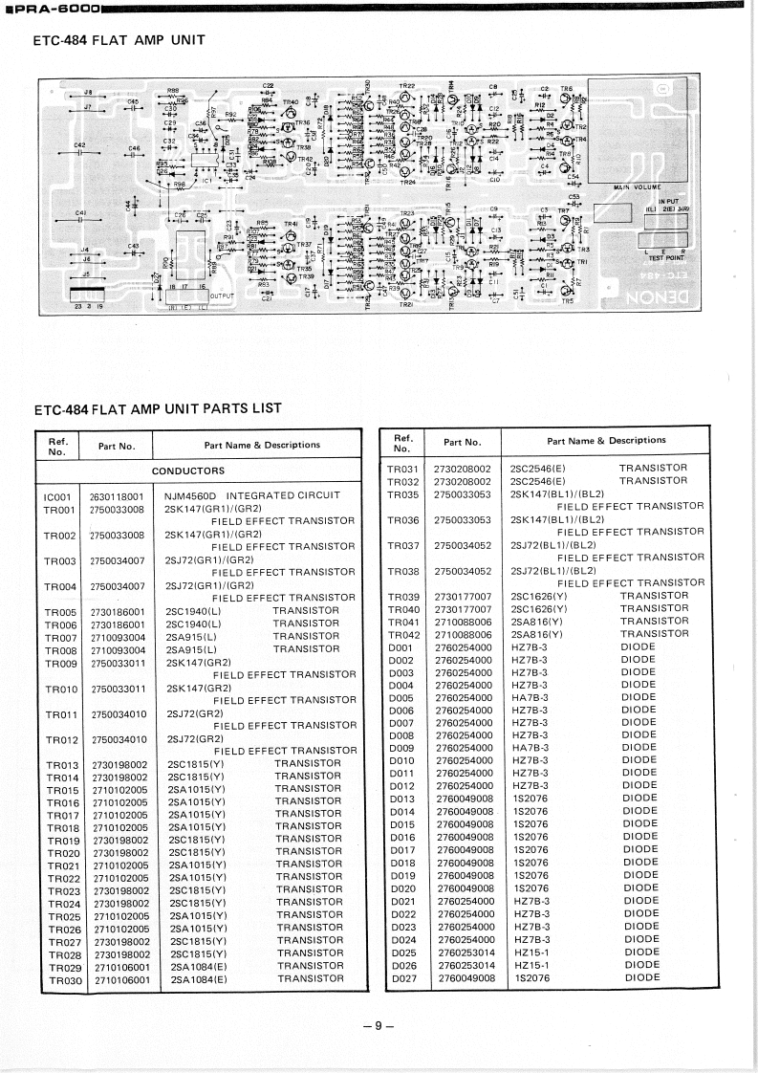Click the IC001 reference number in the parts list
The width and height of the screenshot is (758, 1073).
pos(58,495)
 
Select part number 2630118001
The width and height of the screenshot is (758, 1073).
pos(116,496)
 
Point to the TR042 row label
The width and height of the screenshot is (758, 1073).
pos(403,634)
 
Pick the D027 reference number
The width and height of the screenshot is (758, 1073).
pos(403,977)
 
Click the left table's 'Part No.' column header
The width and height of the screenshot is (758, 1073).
pos(117,446)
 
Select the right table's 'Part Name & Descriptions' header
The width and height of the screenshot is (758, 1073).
pos(606,441)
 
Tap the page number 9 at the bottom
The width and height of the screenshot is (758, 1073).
pos(379,1026)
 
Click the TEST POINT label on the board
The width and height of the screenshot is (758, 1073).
pos(667,257)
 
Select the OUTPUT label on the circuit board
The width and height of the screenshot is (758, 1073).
pos(222,296)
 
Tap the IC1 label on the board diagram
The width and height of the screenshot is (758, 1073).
pos(206,180)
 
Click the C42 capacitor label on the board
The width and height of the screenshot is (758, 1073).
pos(79,144)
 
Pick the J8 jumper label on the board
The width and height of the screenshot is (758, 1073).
pos(88,92)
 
